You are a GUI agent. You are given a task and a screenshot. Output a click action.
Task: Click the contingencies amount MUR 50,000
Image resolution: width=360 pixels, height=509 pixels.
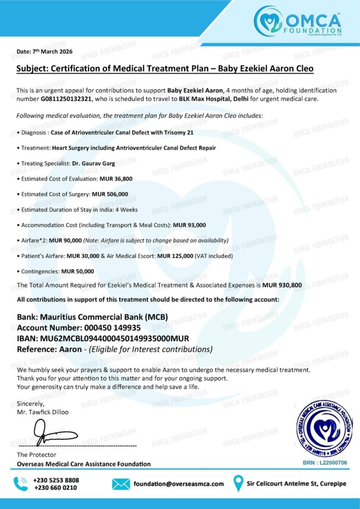point(78,271)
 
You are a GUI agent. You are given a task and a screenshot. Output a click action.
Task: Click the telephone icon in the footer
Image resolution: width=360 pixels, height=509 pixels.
point(20,484)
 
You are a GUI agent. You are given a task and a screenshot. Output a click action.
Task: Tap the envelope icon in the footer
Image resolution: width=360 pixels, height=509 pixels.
point(121,484)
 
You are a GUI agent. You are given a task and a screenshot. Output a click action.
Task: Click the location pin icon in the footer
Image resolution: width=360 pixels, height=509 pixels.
point(239,483)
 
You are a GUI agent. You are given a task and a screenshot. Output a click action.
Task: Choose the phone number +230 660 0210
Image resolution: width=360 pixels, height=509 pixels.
point(55,488)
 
